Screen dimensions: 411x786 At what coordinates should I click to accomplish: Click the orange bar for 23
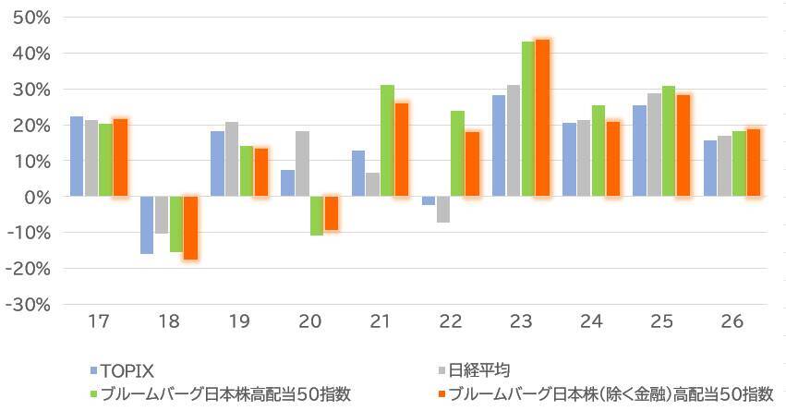542,118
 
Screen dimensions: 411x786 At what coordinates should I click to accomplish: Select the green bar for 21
387,140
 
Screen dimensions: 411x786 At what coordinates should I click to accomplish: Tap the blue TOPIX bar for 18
147,224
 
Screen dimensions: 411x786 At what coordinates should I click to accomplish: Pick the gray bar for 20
302,163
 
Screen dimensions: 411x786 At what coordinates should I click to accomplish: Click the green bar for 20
317,216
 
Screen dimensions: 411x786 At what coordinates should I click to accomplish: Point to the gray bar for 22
443,210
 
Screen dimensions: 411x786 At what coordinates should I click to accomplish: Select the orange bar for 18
190,227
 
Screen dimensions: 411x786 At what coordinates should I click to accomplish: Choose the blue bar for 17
77,156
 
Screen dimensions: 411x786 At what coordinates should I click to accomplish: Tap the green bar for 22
457,153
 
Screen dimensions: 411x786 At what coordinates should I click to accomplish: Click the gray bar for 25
655,145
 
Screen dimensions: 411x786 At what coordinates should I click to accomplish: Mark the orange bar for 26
754,163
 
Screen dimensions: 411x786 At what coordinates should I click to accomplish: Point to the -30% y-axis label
32,305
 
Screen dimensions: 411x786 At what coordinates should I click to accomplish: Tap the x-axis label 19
238,322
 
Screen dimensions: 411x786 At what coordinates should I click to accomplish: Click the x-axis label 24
591,322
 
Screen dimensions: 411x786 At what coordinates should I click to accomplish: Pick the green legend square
93,393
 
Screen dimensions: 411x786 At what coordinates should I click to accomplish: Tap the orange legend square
442,393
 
